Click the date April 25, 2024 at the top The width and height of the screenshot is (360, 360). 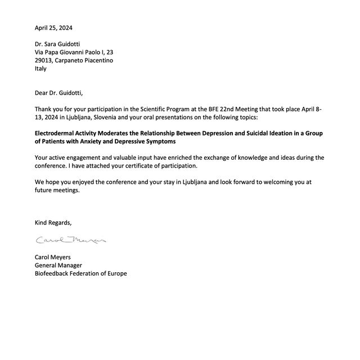[53, 28]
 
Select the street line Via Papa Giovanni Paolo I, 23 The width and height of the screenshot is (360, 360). [78, 52]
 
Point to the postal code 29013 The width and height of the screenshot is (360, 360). [44, 60]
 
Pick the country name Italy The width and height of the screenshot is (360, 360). [40, 69]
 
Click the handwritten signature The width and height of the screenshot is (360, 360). [71, 240]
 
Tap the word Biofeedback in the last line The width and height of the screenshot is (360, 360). [54, 273]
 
